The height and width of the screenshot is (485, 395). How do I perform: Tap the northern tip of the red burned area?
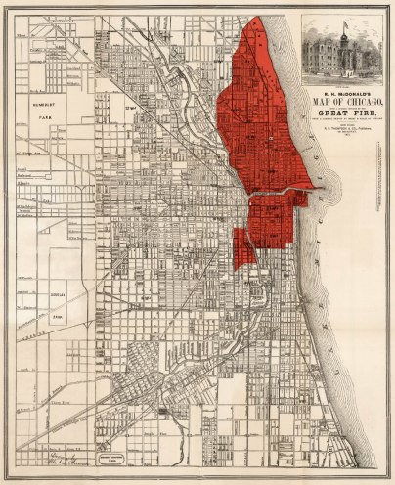pos(257,20)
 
